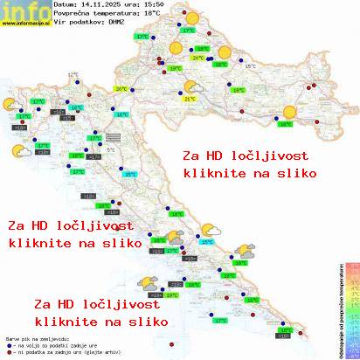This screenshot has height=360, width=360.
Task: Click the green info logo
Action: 24,10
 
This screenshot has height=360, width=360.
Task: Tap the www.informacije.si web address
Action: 25,23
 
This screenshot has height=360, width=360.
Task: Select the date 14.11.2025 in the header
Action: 94,4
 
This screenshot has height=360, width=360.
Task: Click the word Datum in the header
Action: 65,4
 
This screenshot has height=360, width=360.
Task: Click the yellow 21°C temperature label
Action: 189,99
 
